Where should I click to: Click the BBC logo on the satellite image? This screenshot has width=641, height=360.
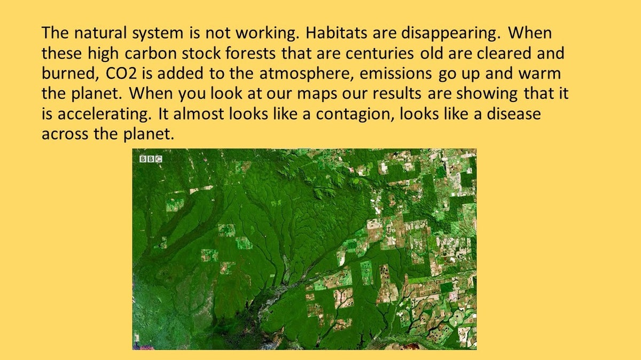[x=151, y=159]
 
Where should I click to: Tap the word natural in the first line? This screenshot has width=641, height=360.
[x=100, y=33]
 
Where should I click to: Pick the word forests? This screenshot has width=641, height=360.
[x=251, y=53]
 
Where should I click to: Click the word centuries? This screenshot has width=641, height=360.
[x=379, y=53]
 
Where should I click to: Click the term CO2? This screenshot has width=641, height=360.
[x=121, y=74]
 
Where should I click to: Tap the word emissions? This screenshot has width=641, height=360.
[x=395, y=74]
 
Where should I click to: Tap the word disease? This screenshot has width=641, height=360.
[x=514, y=114]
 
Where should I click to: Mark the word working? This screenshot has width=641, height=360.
[x=267, y=34]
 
